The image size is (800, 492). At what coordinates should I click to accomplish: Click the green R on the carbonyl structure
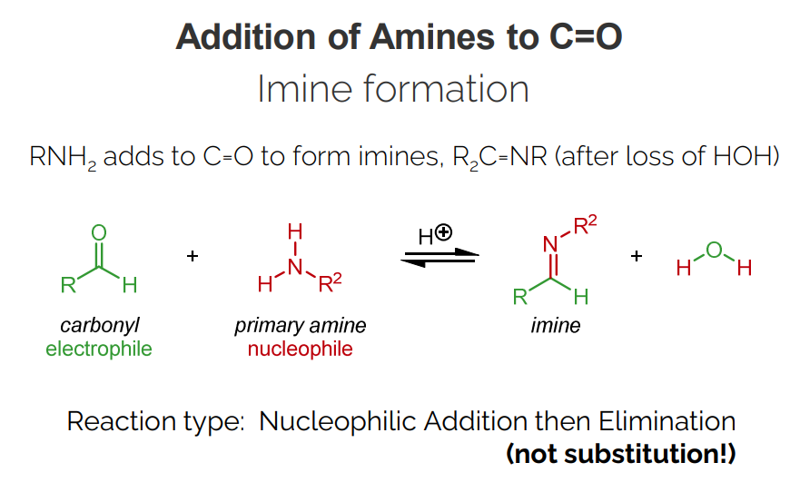coord(68,285)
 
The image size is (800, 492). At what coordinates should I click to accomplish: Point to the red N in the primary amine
coord(294,266)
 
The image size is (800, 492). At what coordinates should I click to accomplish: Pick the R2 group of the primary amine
coord(331,284)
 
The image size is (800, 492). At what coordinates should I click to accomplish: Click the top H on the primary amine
coord(294,232)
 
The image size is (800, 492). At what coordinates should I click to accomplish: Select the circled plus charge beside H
coord(444,232)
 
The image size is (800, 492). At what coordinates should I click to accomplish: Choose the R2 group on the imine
coord(587,226)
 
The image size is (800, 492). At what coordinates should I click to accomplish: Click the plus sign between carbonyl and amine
coord(192,257)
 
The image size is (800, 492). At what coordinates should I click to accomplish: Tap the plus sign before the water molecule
coord(637,257)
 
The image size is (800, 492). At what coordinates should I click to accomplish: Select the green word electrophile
coord(99,349)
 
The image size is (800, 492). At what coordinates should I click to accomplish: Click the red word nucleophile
coord(301,349)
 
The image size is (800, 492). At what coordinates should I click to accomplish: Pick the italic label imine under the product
coord(555,326)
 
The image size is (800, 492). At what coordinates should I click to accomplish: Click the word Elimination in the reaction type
coord(667,422)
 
